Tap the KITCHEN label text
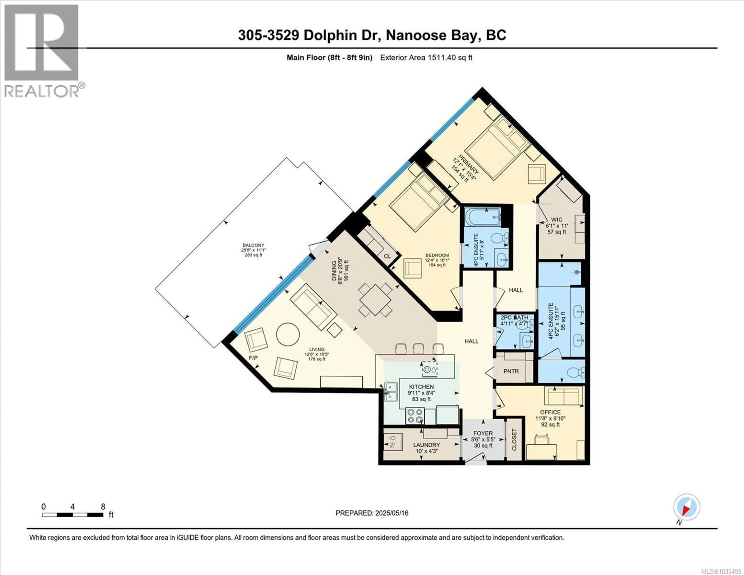point(421,387)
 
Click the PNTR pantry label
point(511,371)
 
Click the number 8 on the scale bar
point(103,507)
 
